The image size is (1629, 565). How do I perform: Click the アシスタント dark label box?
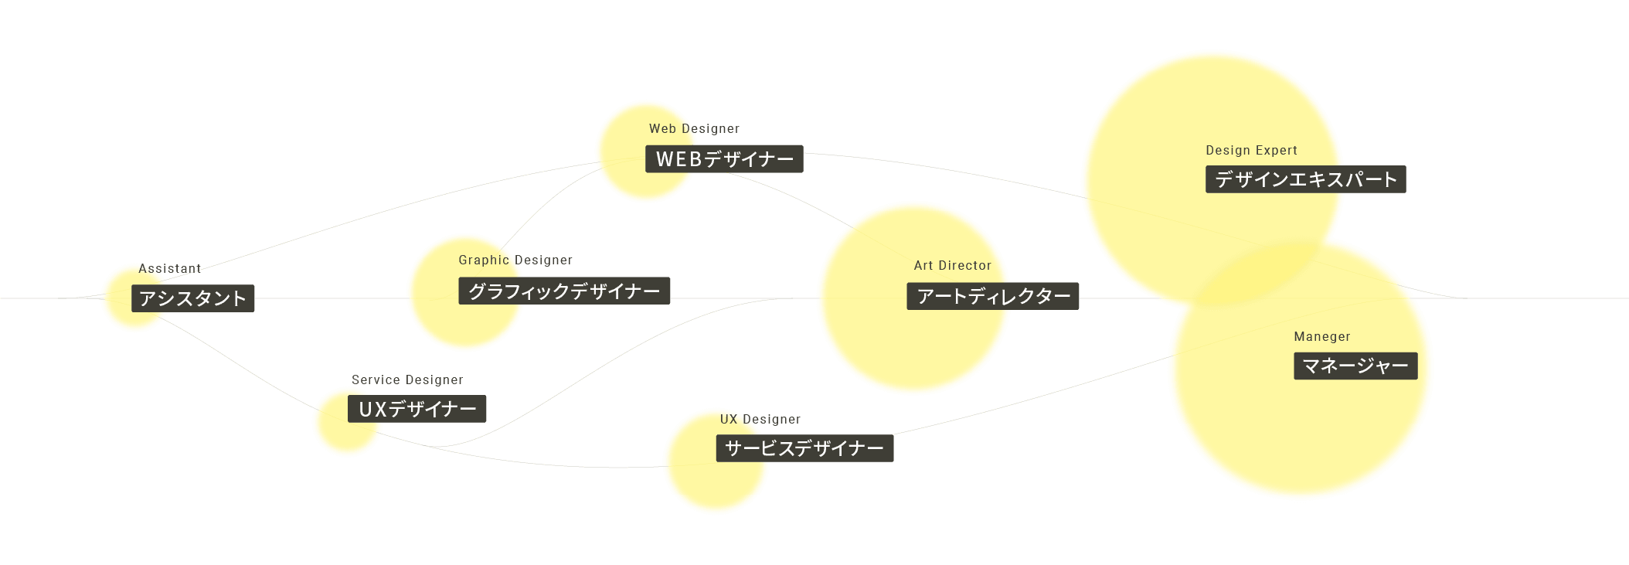[192, 298]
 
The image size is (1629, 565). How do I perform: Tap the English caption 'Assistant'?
[169, 269]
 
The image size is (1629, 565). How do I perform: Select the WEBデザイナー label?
[724, 159]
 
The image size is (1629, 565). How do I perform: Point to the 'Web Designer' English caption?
[694, 129]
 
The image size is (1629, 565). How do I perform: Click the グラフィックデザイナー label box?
[564, 291]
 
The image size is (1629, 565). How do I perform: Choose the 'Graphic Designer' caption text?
[515, 260]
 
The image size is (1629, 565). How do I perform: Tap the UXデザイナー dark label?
[417, 409]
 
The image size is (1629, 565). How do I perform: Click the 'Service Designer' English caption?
[407, 380]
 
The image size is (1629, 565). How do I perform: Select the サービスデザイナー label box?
[804, 448]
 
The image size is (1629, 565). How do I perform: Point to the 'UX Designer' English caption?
[760, 420]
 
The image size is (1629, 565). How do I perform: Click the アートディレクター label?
[992, 296]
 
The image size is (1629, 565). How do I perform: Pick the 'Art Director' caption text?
[952, 266]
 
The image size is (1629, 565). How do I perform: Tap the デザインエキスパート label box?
[1305, 179]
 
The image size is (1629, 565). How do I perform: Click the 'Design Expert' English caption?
[1251, 151]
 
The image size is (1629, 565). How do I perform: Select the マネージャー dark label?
[1355, 366]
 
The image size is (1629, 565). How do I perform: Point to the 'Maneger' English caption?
[1321, 337]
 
